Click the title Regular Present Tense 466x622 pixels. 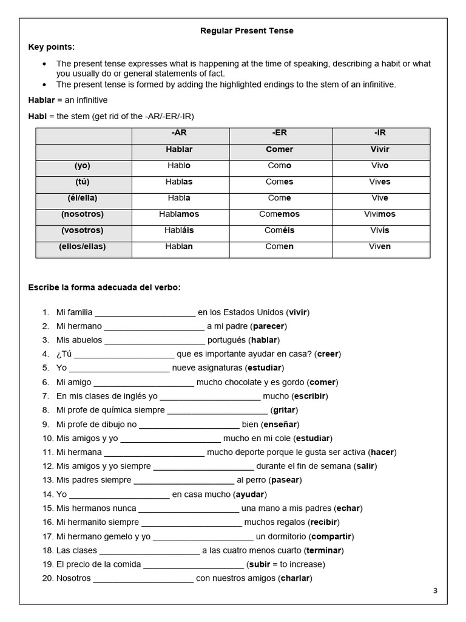click(247, 31)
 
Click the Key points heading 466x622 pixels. click(52, 47)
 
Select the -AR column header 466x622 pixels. click(179, 132)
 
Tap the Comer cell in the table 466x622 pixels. click(279, 149)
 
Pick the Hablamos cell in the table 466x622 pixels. click(179, 214)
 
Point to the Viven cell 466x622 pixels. click(380, 247)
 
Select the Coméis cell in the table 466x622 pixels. click(279, 230)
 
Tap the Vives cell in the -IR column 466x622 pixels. click(380, 182)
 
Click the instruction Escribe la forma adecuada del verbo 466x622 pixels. click(104, 287)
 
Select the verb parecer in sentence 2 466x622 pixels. click(268, 326)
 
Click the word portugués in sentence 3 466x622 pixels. click(226, 340)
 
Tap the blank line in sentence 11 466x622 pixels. click(154, 453)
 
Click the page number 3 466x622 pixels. click(435, 590)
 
